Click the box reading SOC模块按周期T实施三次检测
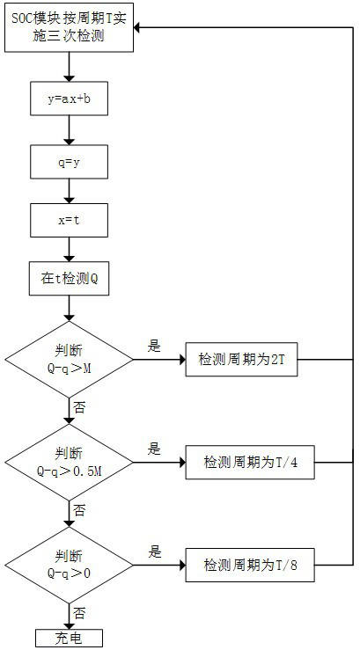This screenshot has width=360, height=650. (70, 28)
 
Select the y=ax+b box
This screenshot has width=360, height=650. (70, 99)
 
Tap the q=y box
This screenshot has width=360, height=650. (70, 162)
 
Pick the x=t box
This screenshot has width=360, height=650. (70, 220)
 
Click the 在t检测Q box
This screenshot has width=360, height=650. (70, 278)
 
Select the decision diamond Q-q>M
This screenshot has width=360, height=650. (69, 360)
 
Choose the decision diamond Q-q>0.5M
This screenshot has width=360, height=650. (69, 462)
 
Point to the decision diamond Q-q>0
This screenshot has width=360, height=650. (69, 565)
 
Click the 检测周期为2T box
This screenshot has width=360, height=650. (241, 360)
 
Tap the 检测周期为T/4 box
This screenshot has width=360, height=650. (250, 462)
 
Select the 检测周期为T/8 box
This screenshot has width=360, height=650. (250, 565)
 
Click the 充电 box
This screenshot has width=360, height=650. (69, 638)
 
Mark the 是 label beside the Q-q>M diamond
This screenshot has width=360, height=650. (154, 347)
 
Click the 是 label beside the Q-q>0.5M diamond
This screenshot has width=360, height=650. (154, 449)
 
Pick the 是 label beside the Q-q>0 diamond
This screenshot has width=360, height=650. (154, 552)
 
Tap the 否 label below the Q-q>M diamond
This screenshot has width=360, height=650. (79, 408)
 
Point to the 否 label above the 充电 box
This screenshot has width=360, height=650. (79, 613)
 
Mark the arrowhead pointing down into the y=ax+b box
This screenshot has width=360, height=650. (70, 77)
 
